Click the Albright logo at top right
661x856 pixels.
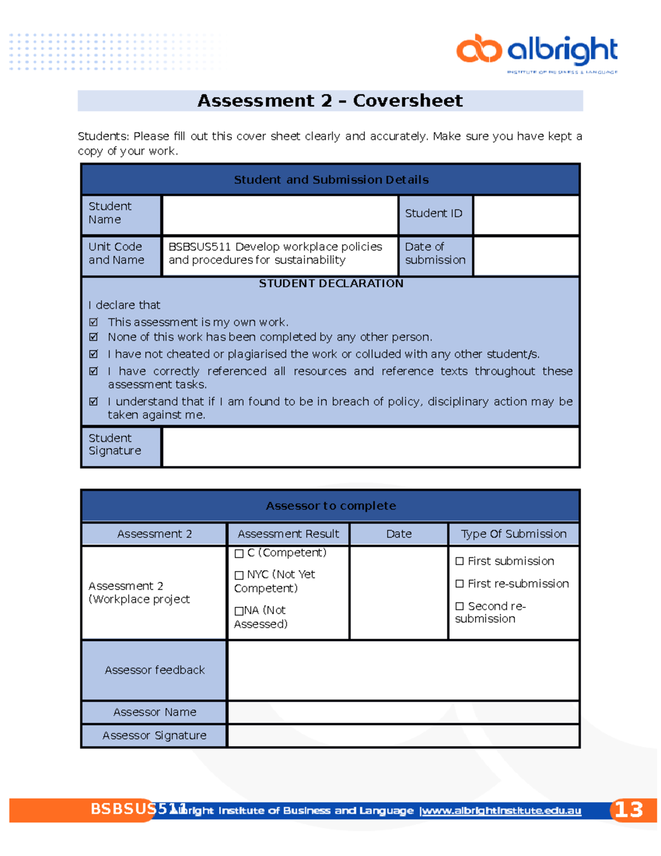537,52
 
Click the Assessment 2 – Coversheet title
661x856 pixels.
330,101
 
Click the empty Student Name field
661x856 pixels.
280,215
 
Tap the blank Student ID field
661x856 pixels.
525,215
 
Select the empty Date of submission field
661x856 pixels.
525,256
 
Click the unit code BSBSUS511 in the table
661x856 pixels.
199,247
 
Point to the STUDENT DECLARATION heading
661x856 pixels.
331,283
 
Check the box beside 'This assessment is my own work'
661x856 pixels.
94,322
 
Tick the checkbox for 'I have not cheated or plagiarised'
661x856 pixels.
94,354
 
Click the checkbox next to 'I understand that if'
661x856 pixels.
94,401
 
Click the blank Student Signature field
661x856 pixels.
370,447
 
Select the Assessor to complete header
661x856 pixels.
330,506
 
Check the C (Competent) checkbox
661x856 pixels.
239,553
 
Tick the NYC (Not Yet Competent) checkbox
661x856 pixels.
239,575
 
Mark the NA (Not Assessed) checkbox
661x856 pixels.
239,611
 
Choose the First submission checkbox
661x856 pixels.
459,561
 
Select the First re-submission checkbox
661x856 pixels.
459,584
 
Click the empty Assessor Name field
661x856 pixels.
403,712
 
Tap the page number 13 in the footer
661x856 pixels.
629,810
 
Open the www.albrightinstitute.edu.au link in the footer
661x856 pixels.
501,811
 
